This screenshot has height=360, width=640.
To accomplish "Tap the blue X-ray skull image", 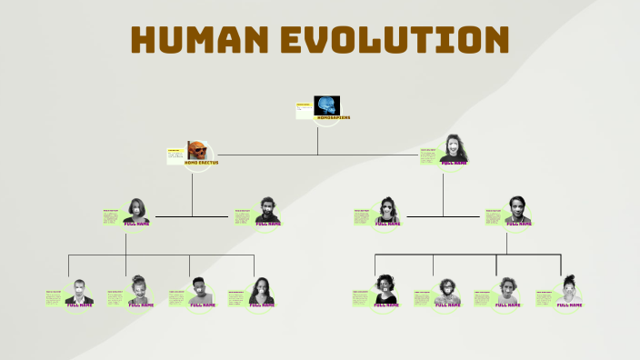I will [326, 105].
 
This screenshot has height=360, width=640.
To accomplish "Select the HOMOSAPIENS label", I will [333, 118].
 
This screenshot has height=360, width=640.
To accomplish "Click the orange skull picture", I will [197, 150].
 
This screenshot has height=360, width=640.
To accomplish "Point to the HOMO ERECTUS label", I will [201, 163].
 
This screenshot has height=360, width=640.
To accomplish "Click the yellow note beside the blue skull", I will [304, 111].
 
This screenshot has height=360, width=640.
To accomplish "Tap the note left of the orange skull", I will [175, 155].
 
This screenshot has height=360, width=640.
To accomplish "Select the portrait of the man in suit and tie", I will [79, 292].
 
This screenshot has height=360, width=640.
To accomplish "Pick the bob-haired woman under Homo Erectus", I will [136, 210].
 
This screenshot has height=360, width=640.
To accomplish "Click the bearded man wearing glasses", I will [445, 292].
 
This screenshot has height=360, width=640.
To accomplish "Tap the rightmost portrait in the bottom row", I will [569, 290].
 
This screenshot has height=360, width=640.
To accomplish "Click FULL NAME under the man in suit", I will [80, 305].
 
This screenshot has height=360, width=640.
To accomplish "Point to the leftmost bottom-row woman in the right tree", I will [385, 290].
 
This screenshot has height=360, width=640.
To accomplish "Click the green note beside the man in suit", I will [54, 297].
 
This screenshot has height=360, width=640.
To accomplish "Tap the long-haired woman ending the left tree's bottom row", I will [262, 291].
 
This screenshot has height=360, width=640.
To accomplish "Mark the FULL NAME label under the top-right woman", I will [454, 163].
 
